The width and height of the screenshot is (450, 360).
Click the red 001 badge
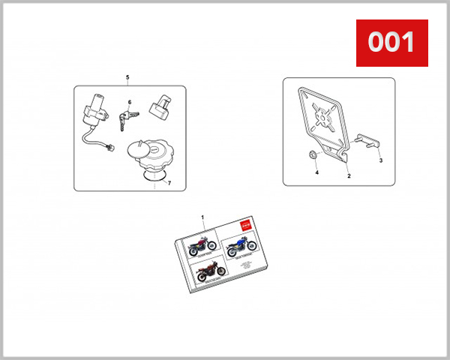tap(391, 42)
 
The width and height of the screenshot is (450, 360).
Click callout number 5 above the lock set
tap(127, 78)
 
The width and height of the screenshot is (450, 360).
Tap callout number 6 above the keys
tap(129, 101)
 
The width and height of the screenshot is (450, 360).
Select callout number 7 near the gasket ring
tap(169, 183)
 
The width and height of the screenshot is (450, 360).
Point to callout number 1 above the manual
tap(202, 216)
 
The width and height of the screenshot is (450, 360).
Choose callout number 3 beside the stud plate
tap(380, 160)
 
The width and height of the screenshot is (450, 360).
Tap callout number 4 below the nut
tap(316, 172)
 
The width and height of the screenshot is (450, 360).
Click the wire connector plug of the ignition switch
tap(110, 146)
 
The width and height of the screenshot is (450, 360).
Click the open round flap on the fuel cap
tap(138, 145)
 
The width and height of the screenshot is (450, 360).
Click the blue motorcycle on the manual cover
tap(242, 244)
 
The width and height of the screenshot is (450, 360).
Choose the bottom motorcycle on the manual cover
tap(208, 271)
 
